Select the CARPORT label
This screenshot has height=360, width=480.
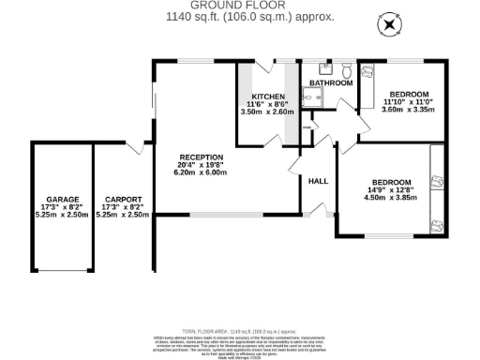coord(123,200)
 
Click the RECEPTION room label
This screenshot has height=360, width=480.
coord(202,157)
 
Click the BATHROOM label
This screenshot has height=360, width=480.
coord(331,83)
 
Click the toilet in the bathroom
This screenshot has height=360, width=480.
coord(346,69)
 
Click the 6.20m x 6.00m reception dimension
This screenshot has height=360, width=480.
coord(202,173)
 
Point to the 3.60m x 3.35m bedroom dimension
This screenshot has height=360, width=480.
coord(410,110)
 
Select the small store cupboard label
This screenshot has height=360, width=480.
coord(307,127)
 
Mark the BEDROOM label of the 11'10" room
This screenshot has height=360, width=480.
coord(410,94)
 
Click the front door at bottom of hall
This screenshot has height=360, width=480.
coord(318,215)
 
